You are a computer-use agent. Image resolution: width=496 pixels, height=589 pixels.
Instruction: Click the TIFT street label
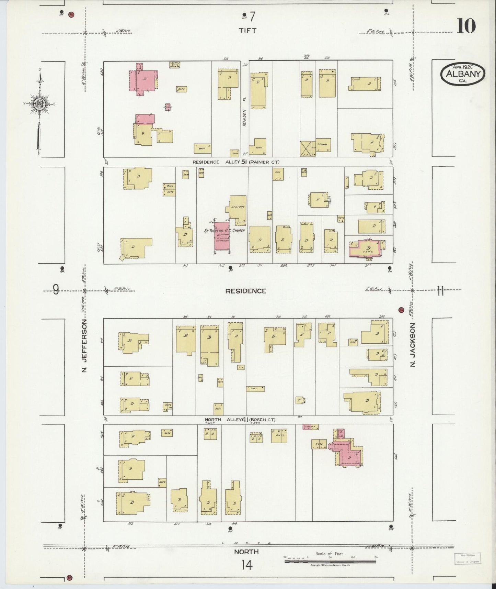point(247,30)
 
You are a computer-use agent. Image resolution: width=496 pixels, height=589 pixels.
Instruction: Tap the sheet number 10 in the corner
point(466,26)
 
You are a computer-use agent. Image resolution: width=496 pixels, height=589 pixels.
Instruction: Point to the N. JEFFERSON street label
point(85,346)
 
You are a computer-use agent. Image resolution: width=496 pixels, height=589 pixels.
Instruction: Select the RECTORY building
point(238,207)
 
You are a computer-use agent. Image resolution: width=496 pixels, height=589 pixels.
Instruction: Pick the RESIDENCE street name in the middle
point(245,291)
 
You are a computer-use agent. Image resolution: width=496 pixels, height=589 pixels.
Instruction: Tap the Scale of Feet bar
point(330,561)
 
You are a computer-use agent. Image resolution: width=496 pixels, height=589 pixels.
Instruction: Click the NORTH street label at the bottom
point(246,552)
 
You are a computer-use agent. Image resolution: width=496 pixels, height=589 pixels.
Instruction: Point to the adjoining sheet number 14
point(246,565)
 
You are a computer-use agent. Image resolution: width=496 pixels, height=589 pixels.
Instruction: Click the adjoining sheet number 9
point(56,291)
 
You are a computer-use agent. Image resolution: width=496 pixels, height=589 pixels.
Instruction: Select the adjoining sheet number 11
point(440,291)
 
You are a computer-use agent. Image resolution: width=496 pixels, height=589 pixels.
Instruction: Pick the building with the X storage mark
point(308,148)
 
